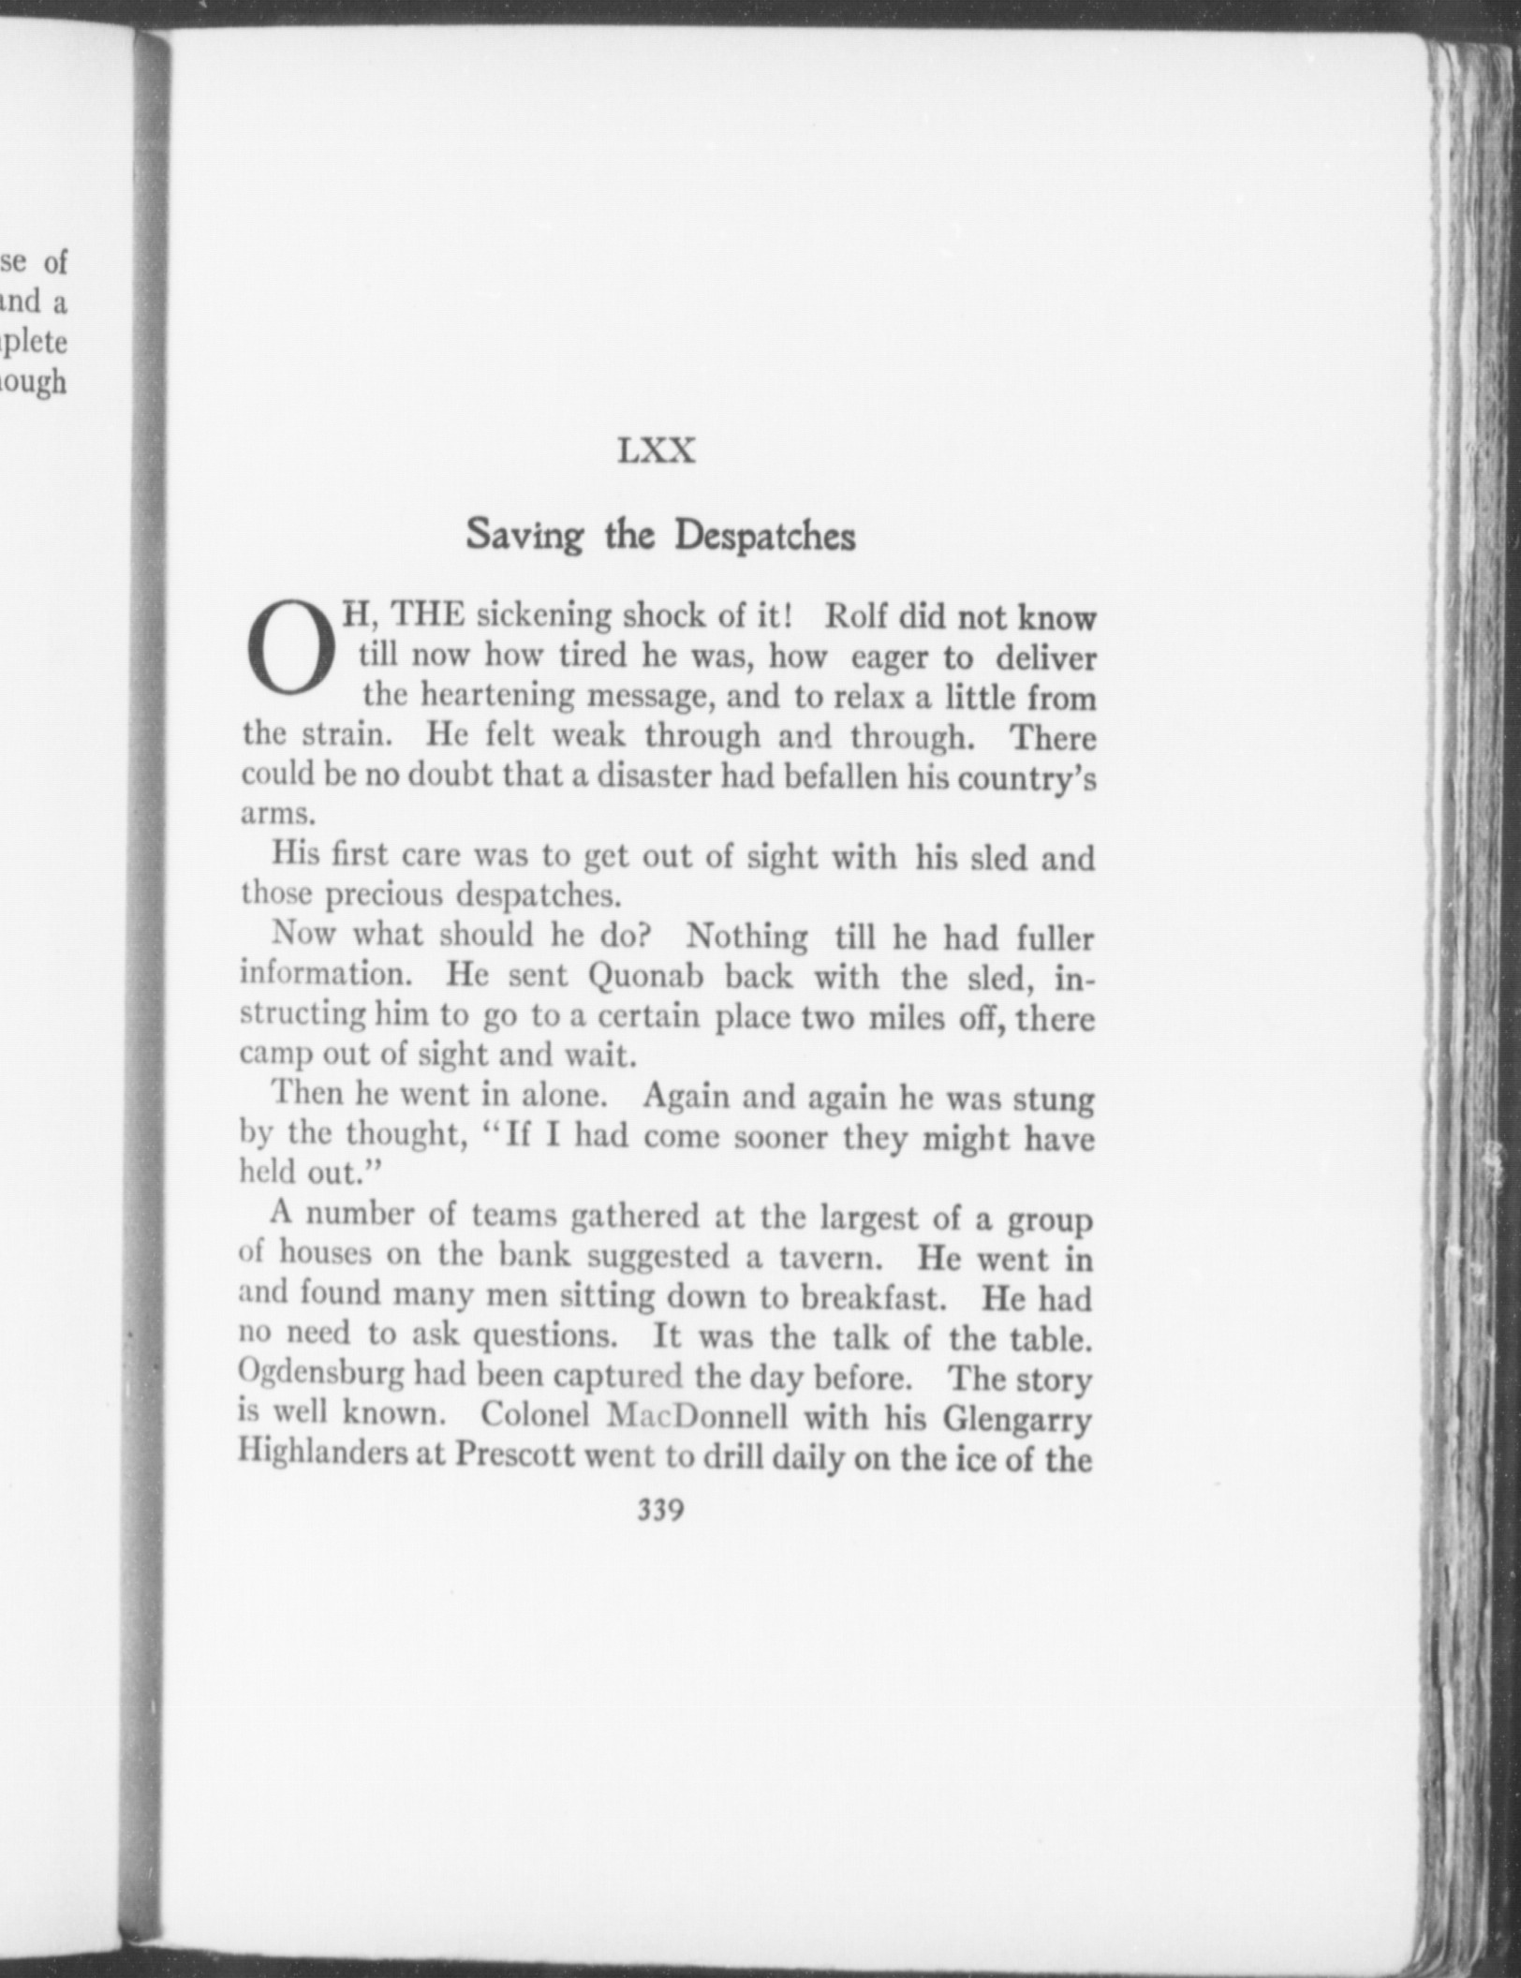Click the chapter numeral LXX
click(x=656, y=452)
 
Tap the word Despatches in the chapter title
click(x=765, y=538)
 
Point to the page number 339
click(x=660, y=1510)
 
